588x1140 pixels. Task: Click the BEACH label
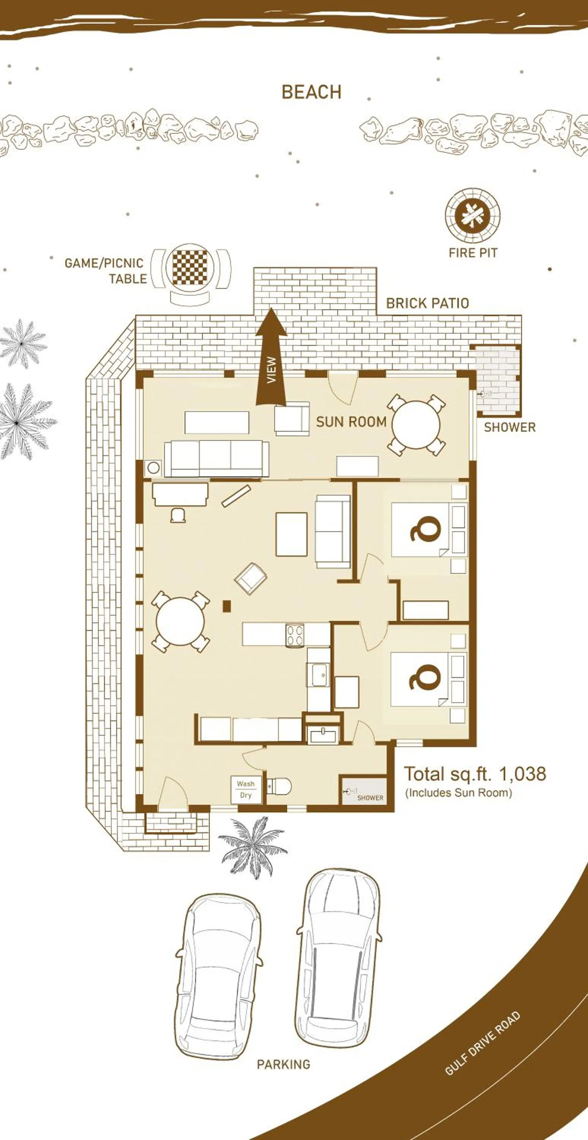point(311,92)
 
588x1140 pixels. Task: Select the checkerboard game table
point(190,267)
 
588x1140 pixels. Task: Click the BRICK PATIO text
point(427,303)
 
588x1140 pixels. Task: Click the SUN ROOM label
point(351,422)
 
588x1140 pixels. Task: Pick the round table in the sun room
point(416,424)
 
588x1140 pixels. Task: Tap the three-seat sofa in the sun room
point(217,459)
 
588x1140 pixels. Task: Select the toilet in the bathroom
point(280,786)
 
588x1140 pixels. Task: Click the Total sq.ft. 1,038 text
point(475,774)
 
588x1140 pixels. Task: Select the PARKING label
point(284,1064)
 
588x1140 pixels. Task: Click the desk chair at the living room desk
point(178,515)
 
